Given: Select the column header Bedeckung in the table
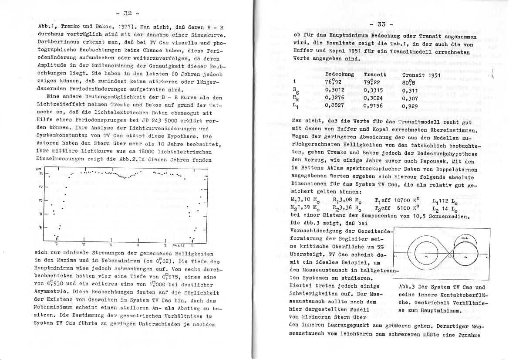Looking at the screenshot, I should pos(340,75).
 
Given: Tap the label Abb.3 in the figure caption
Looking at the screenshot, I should pos(407,287).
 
